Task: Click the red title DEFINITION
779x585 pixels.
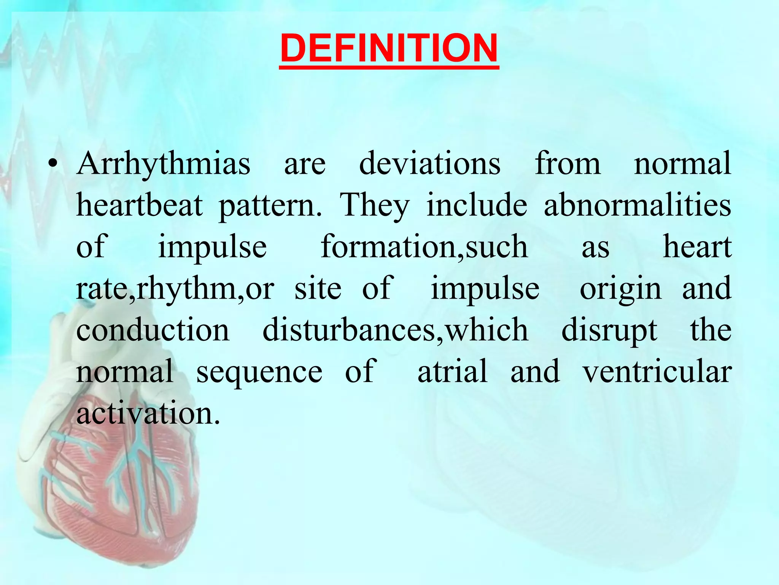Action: click(x=389, y=48)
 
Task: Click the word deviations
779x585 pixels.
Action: click(x=430, y=164)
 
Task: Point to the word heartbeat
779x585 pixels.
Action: click(x=139, y=206)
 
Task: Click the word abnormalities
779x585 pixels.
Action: click(x=638, y=206)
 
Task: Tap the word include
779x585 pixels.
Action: click(x=477, y=206)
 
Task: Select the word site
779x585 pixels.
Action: click(x=318, y=289)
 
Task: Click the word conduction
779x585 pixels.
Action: click(x=153, y=330)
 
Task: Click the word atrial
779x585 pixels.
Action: click(x=453, y=371)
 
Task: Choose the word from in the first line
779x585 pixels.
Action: click(x=568, y=164)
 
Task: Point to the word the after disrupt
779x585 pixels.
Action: click(x=711, y=330)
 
